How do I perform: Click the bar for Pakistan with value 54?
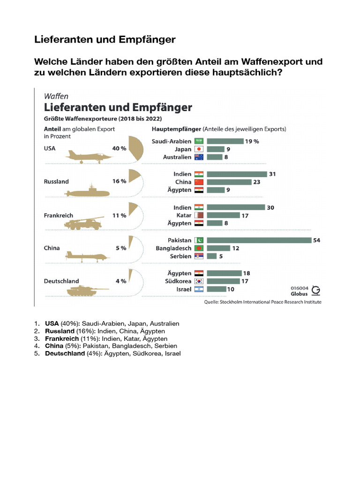(259, 240)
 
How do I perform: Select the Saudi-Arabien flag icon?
(199, 141)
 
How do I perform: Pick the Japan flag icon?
(199, 149)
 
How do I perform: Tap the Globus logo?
(316, 291)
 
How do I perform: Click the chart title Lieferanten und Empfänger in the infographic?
(118, 107)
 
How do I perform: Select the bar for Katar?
(223, 216)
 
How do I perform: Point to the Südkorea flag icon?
(199, 281)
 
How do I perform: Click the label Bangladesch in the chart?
(173, 248)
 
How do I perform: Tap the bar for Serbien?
(211, 256)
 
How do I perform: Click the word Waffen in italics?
(56, 96)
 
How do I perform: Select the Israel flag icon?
(199, 289)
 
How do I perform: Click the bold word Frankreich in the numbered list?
(59, 338)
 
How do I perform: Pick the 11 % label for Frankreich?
(119, 216)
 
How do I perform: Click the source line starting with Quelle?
(262, 302)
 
